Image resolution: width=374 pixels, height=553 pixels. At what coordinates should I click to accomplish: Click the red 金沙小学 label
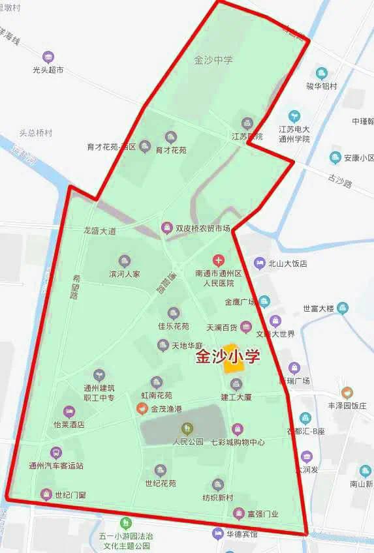228,357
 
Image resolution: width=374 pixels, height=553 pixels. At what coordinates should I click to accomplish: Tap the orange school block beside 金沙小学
232,358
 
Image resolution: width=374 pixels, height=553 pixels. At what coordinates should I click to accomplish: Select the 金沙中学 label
213,60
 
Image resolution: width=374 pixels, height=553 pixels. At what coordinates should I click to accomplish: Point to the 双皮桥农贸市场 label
203,228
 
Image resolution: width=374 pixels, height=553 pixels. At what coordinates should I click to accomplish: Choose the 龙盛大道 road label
99,231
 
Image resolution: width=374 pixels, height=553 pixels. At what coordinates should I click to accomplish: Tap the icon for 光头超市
47,56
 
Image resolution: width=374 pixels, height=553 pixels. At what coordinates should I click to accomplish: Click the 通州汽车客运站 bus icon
56,452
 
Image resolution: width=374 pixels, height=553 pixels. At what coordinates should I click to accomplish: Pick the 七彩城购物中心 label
238,441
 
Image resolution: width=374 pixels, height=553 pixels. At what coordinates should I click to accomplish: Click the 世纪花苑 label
161,483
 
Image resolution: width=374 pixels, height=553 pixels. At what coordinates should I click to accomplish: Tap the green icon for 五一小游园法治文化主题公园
125,522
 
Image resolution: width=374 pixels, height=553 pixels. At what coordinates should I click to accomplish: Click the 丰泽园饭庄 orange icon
347,393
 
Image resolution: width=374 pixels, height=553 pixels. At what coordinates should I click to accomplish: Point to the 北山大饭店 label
287,263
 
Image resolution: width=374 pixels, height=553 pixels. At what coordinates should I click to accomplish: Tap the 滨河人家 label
124,274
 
